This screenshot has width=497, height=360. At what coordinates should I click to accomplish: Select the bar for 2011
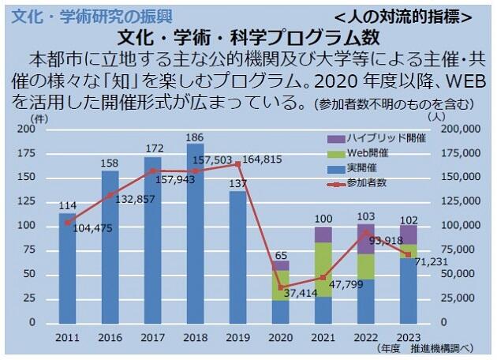point(68,268)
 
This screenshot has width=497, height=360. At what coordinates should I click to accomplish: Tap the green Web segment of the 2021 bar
point(323,269)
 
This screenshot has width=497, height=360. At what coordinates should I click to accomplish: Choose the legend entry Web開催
point(366,152)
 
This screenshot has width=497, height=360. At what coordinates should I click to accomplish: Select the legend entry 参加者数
point(366,183)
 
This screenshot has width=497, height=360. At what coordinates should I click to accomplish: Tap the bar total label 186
point(195,137)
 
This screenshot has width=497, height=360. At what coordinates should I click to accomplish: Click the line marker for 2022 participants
point(365,232)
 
